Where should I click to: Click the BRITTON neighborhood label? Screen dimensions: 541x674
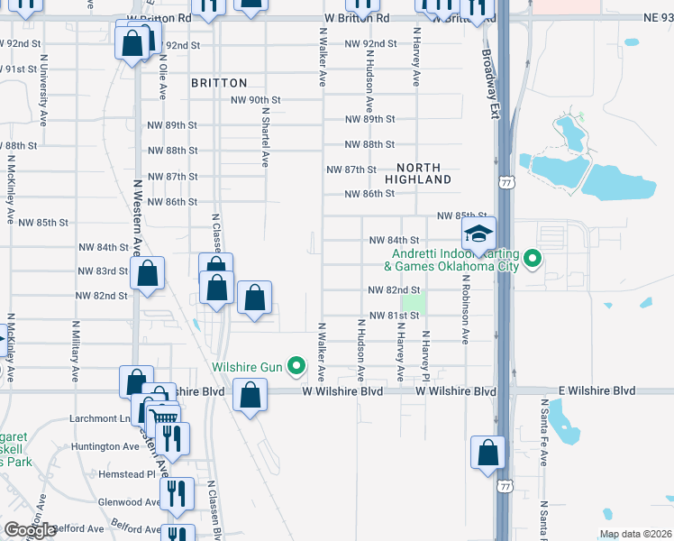(219, 83)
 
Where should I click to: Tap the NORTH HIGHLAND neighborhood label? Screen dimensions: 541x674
(418, 174)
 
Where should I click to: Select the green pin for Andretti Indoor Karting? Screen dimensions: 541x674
(533, 260)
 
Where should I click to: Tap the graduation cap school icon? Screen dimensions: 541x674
(478, 234)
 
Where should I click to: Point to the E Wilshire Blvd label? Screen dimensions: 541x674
(590, 391)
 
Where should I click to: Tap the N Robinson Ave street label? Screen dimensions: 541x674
(467, 309)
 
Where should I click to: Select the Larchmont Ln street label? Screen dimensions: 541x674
(100, 419)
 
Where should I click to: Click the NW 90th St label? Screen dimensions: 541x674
(257, 100)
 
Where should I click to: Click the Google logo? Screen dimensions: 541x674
(30, 530)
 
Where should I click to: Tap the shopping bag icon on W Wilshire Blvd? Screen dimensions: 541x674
(250, 395)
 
